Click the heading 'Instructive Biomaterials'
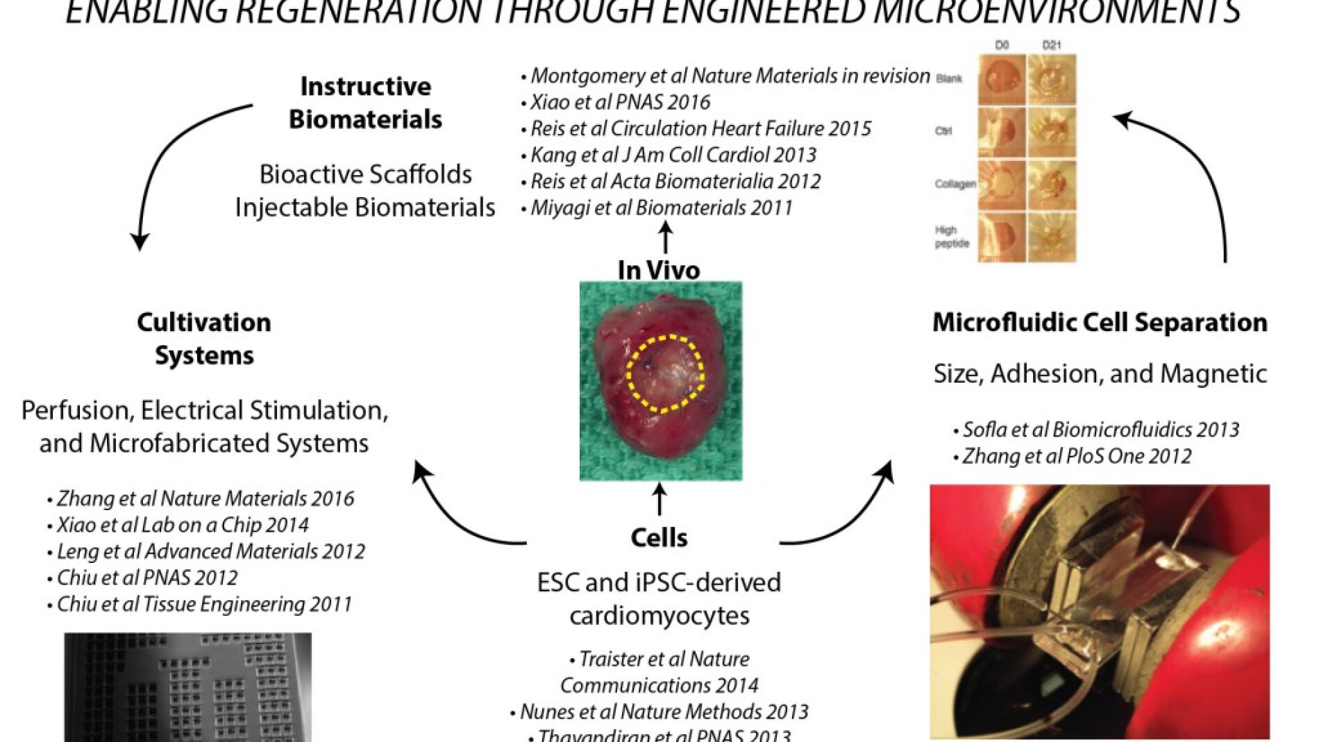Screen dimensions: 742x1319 coord(365,103)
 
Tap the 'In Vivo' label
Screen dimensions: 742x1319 coord(658,270)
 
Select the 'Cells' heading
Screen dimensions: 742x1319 coord(659,538)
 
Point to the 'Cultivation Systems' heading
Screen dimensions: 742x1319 coord(204,339)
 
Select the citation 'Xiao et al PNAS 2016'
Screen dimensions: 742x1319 coord(620,103)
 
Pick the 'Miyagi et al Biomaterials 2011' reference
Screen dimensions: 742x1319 coord(661,208)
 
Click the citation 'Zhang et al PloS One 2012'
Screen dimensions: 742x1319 coord(1076,456)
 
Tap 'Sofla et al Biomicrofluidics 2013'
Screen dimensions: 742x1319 coord(1100,430)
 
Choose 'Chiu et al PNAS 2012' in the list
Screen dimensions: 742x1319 coord(146,577)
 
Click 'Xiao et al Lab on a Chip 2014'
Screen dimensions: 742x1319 coord(182,525)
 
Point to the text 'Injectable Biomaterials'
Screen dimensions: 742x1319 coord(365,208)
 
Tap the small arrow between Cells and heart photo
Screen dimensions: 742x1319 coord(659,500)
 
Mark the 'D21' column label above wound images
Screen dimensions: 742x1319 coord(1052,45)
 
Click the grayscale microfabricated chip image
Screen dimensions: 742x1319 coord(187,687)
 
